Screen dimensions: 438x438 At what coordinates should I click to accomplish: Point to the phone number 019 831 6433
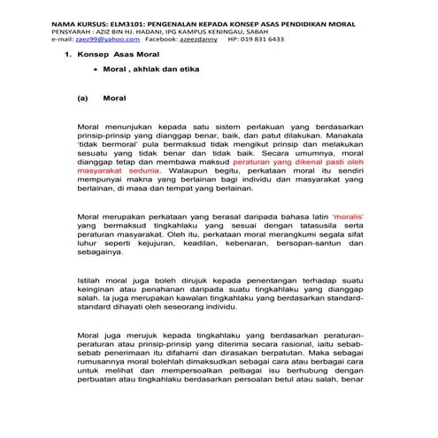click(263, 40)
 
